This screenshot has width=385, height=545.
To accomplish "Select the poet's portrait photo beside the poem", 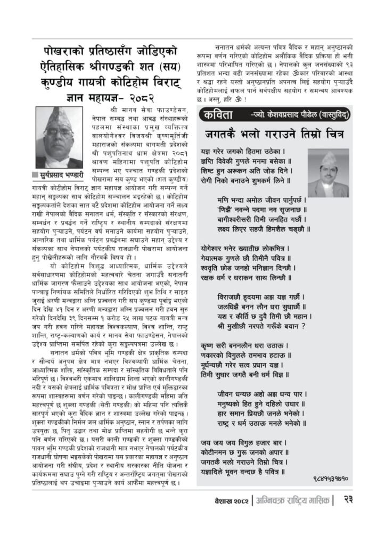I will tap(328, 173).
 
